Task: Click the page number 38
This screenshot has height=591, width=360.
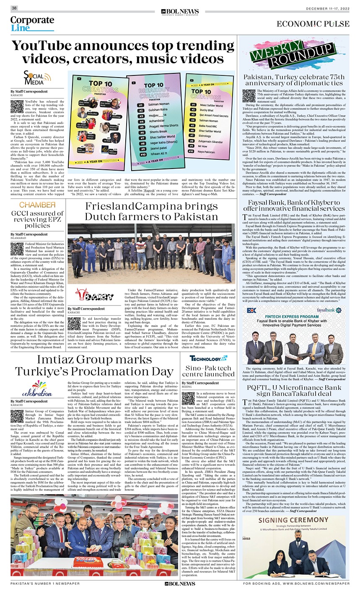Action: click(x=14, y=8)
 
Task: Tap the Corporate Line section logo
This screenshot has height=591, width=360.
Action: click(x=32, y=24)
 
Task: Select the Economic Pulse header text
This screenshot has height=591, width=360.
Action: click(x=313, y=24)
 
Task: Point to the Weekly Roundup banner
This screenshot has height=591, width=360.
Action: click(x=292, y=55)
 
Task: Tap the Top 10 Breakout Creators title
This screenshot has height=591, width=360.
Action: click(x=153, y=90)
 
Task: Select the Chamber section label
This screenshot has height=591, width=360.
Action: click(x=37, y=205)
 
